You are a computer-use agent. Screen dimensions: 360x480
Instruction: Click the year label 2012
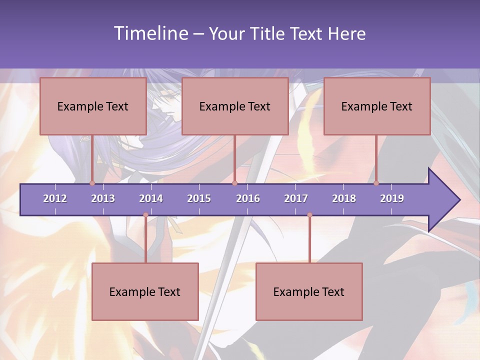click(55, 198)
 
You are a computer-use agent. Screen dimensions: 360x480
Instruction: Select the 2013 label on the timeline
click(103, 198)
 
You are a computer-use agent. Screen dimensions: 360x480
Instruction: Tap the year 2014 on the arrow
click(151, 198)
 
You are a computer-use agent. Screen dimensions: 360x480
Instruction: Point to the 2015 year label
click(199, 198)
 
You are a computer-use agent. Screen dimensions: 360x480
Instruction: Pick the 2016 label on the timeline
click(248, 198)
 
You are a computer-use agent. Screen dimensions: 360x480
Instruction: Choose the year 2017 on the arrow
click(296, 198)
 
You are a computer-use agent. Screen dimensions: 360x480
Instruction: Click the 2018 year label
click(344, 198)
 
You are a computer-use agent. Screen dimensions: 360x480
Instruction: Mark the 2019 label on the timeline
click(392, 198)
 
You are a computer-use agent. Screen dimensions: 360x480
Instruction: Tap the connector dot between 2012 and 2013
click(92, 183)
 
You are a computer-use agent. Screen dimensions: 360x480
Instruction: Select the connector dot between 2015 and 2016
click(234, 183)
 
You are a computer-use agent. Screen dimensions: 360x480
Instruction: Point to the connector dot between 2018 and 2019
click(376, 183)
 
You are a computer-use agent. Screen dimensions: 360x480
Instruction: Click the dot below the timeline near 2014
click(145, 215)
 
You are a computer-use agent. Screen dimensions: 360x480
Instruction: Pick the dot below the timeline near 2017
click(309, 215)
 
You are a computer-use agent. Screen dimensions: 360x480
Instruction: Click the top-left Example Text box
click(93, 106)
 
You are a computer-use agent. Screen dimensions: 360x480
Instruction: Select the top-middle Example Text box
click(235, 106)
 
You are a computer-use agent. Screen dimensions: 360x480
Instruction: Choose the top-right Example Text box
click(377, 106)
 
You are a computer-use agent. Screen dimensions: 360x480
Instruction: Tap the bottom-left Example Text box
click(145, 291)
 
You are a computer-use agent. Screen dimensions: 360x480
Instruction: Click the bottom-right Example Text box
click(309, 291)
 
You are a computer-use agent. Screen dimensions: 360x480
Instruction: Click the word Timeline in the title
click(150, 33)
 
